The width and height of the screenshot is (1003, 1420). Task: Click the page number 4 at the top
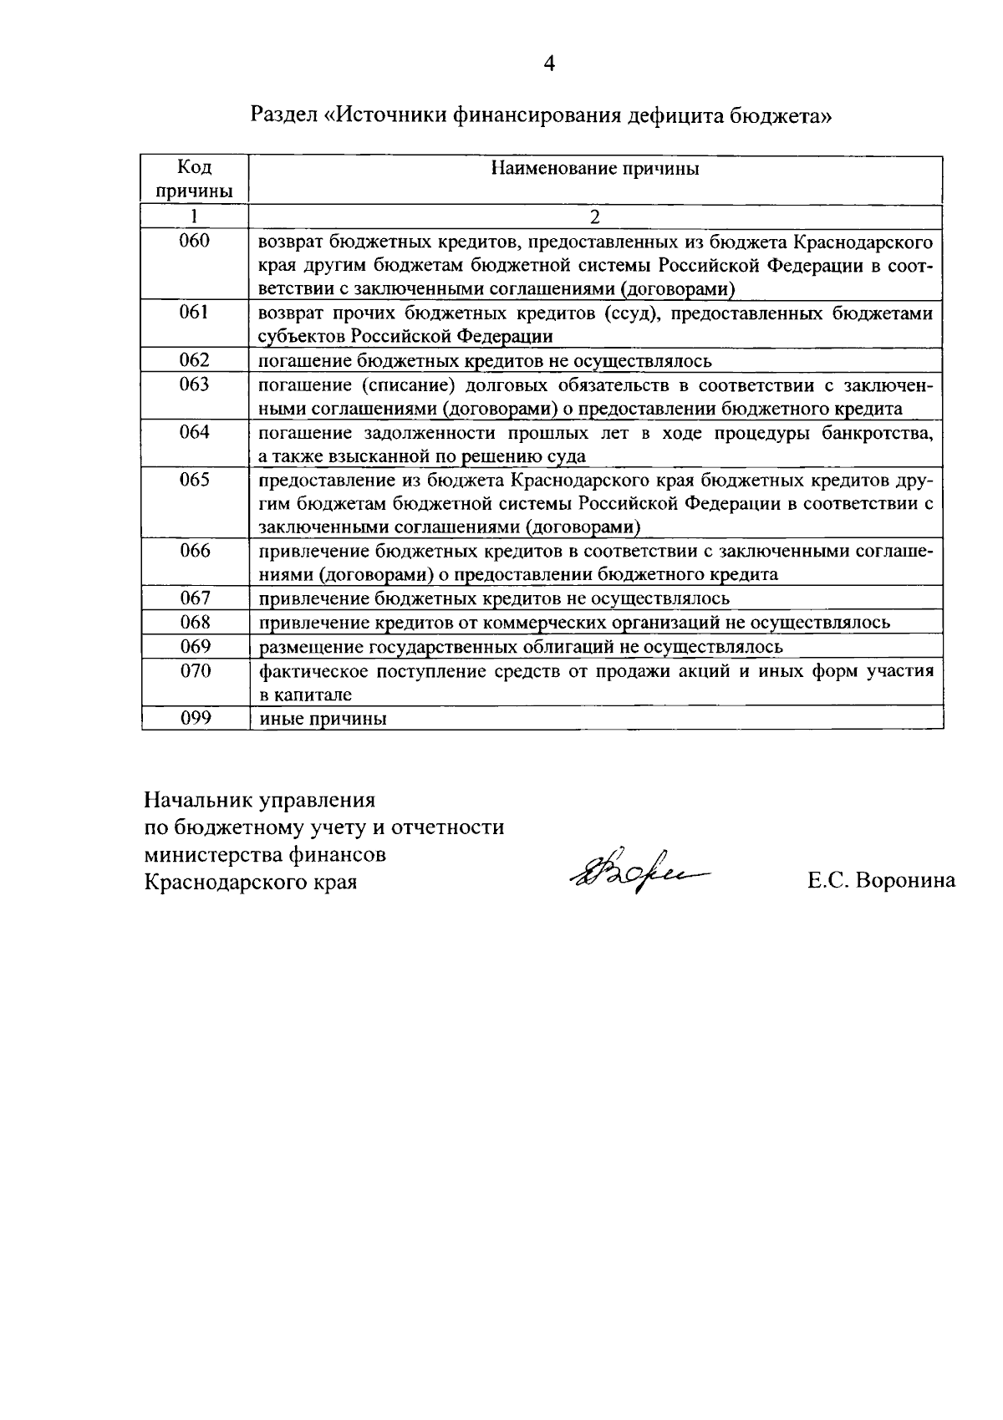click(x=549, y=64)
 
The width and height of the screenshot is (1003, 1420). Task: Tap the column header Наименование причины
click(x=594, y=169)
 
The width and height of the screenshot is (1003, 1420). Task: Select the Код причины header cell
click(x=194, y=179)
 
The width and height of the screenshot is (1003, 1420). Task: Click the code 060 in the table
click(x=194, y=242)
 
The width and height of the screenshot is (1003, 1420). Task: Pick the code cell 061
click(x=194, y=313)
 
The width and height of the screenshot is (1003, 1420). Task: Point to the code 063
click(x=194, y=384)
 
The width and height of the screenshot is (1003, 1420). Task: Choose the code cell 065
click(x=194, y=480)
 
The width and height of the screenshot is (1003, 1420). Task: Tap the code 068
click(x=194, y=622)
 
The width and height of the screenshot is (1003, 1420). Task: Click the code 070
click(x=194, y=670)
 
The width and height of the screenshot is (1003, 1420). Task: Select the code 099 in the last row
click(x=194, y=718)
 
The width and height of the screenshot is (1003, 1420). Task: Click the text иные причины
click(x=323, y=719)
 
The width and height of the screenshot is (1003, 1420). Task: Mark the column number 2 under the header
click(x=594, y=216)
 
